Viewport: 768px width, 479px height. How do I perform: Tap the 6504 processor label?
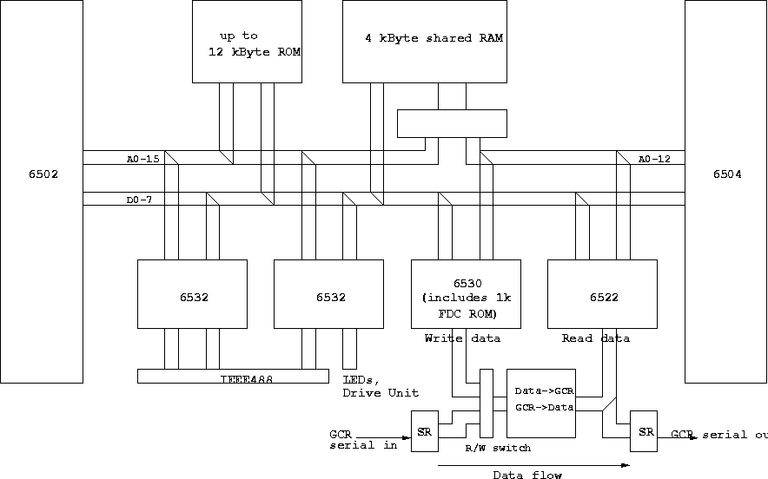coord(727,174)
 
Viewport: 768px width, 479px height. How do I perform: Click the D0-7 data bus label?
coord(138,201)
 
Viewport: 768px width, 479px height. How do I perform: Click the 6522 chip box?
coord(602,294)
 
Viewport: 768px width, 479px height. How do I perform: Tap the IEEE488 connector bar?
coord(233,377)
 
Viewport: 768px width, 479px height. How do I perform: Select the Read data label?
coord(596,338)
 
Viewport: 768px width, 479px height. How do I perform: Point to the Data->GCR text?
coord(544,391)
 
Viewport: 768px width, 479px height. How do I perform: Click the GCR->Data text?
coord(544,406)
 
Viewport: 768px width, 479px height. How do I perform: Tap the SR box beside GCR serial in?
coord(425,431)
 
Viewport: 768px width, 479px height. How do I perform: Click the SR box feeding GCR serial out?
coord(644,431)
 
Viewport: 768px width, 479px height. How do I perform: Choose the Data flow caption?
coord(527,475)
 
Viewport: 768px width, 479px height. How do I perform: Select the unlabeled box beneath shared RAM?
coord(452,123)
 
